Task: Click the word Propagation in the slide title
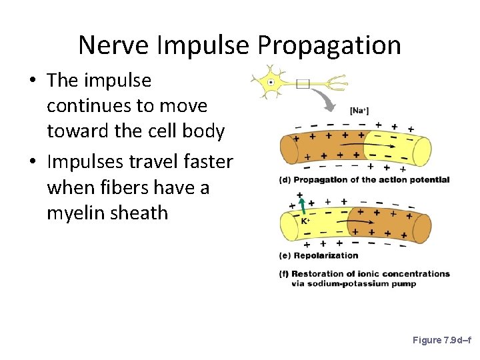(329, 45)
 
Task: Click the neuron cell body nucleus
(271, 83)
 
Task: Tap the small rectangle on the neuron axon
(303, 83)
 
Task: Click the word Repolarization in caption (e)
(326, 255)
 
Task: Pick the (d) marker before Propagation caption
(285, 179)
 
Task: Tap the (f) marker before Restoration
(285, 273)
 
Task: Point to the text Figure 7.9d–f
(442, 340)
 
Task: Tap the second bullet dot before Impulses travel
(32, 163)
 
